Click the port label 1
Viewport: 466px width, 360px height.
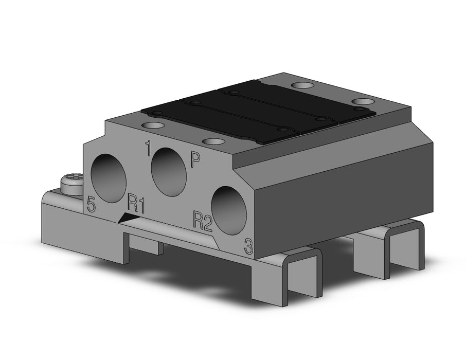148,149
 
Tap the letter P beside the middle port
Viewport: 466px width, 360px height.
195,160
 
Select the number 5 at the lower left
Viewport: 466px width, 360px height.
91,205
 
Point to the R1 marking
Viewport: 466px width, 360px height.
136,204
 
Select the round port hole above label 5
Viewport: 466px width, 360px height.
109,178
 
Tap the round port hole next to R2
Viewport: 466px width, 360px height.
229,210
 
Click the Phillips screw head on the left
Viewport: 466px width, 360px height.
71,183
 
